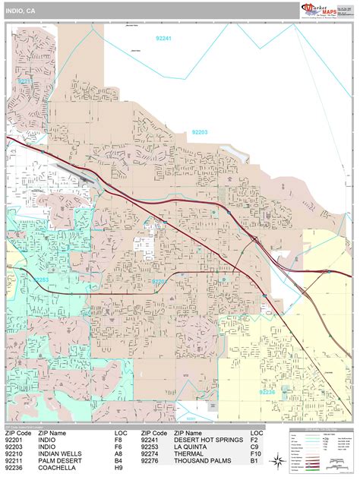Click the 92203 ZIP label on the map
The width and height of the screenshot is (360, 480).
[200, 132]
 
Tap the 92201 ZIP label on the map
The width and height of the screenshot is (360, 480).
[159, 282]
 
